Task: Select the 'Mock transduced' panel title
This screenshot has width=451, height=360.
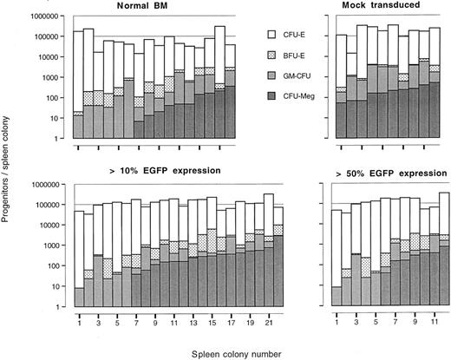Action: click(x=384, y=6)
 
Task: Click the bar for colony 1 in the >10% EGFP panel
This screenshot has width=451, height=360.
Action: click(x=79, y=260)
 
